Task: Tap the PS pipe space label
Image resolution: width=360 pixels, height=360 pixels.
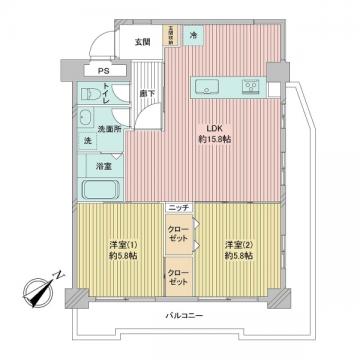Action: [104, 71]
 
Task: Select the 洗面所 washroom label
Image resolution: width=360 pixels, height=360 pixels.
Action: [108, 129]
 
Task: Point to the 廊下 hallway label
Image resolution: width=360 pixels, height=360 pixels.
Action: [146, 94]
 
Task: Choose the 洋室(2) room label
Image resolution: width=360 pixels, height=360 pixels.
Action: [238, 245]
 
